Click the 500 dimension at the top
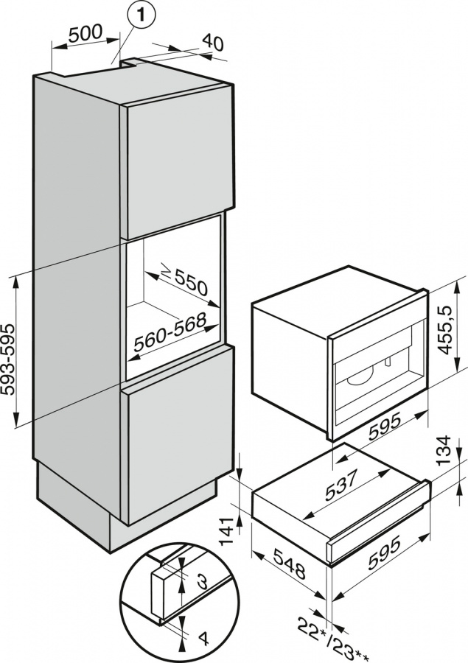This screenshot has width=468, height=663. click(x=86, y=35)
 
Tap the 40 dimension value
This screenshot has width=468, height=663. click(x=212, y=43)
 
